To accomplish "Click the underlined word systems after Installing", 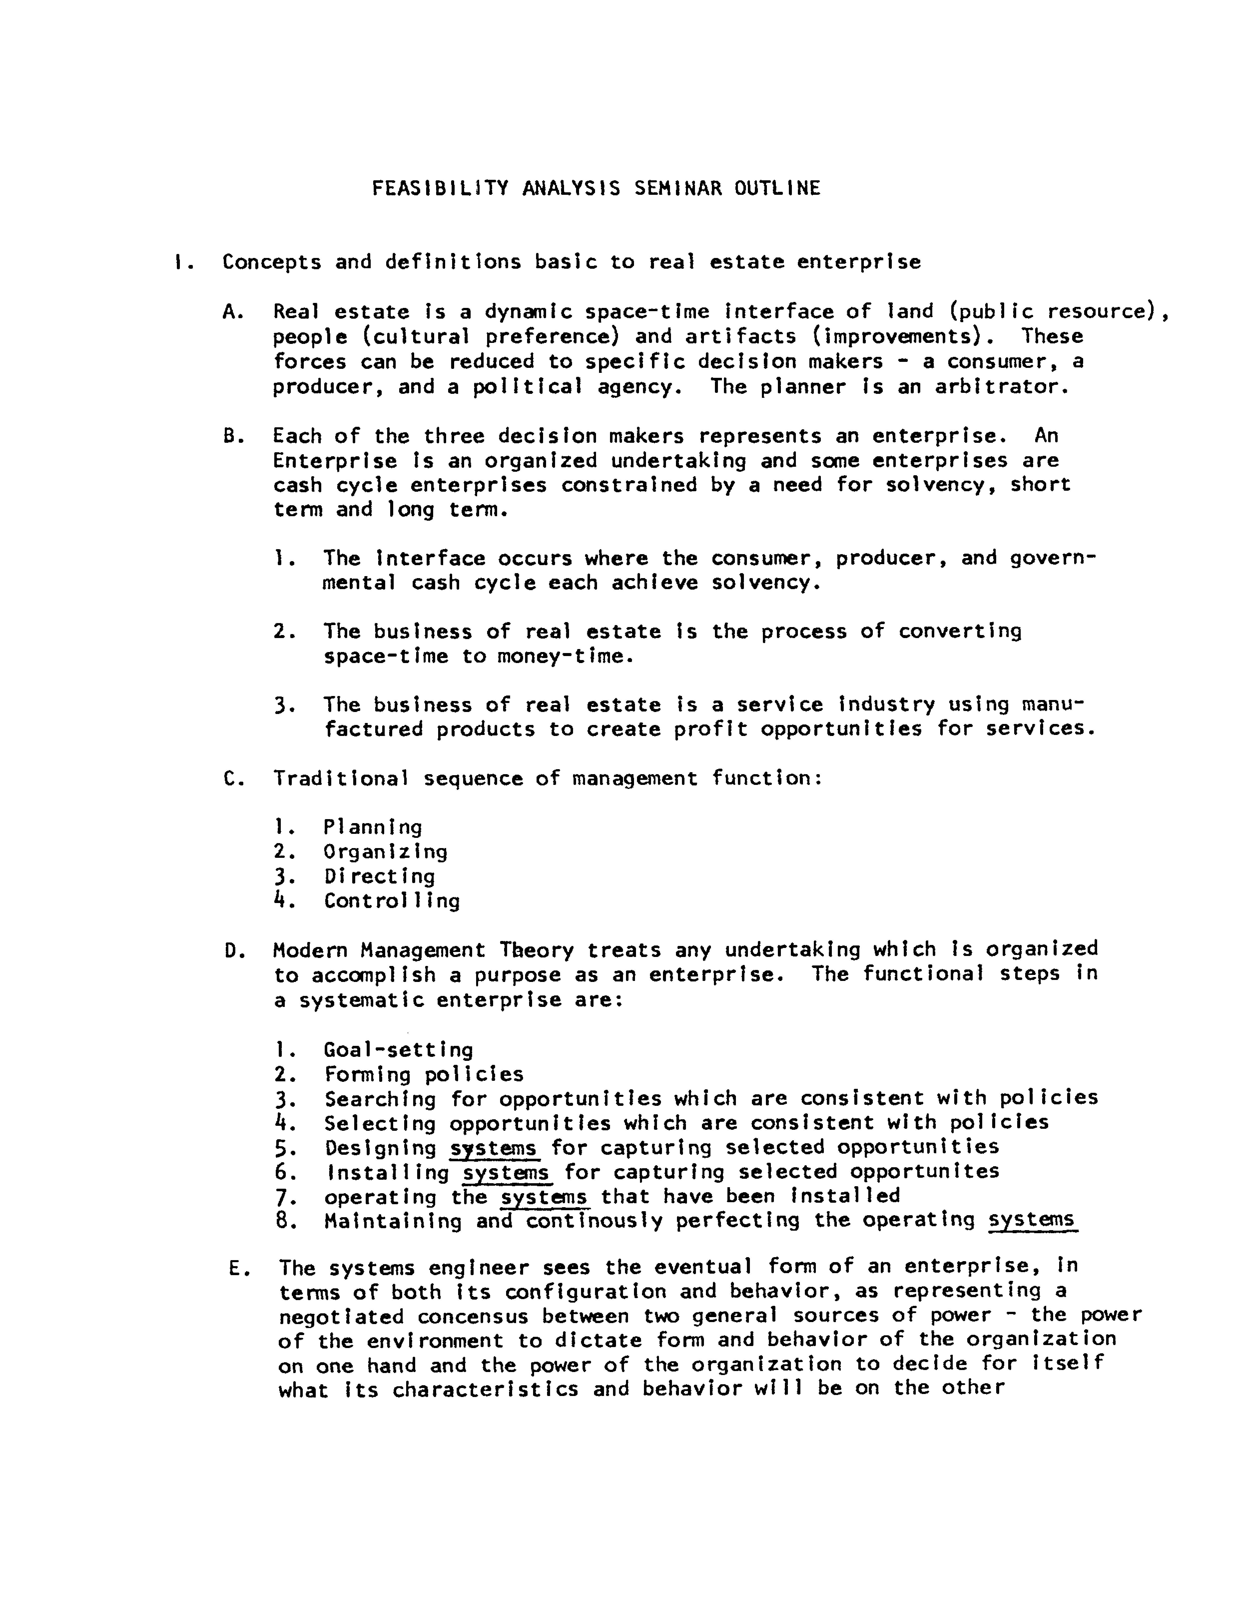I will pos(506,1173).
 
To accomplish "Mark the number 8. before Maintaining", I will pos(285,1222).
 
